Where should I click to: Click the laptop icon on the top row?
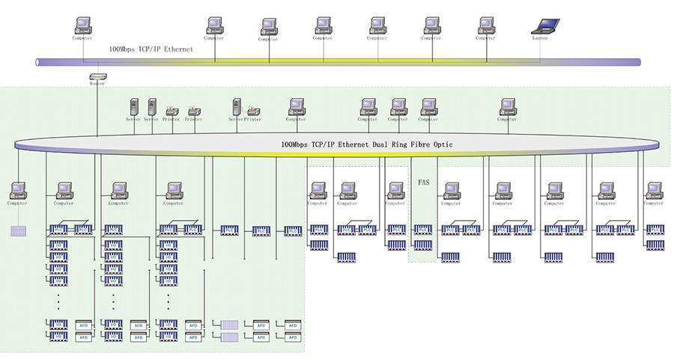tap(540, 25)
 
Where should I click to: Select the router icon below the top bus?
tap(97, 76)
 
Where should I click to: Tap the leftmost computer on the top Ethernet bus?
tap(82, 25)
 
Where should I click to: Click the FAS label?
tap(422, 182)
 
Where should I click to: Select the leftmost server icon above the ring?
tap(135, 107)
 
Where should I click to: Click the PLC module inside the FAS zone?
tap(422, 230)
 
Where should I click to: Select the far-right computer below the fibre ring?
tap(655, 191)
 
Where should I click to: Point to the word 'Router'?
tap(97, 84)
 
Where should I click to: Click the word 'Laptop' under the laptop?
tap(540, 38)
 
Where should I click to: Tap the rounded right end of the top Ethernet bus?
tap(639, 62)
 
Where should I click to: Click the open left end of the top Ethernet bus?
tap(38, 62)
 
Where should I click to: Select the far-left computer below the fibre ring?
tap(18, 191)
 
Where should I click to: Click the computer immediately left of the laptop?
tap(486, 25)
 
